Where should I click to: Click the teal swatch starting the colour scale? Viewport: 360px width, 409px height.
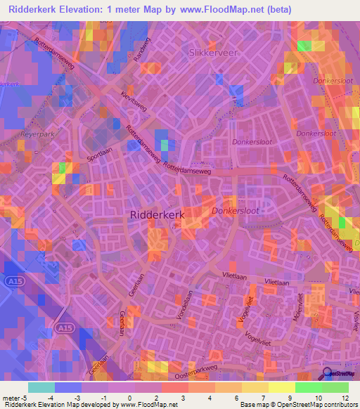pyautogui.click(x=41, y=387)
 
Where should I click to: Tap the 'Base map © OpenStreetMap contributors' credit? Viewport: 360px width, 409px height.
pyautogui.click(x=298, y=405)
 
